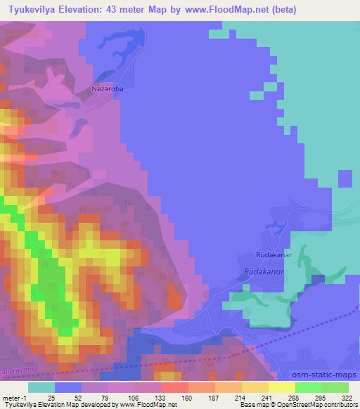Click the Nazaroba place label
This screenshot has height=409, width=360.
pyautogui.click(x=108, y=89)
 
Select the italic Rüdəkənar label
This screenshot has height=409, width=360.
pyautogui.click(x=264, y=271)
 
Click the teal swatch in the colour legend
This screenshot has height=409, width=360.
pyautogui.click(x=41, y=387)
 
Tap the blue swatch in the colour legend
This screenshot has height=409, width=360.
pyautogui.click(x=67, y=387)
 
